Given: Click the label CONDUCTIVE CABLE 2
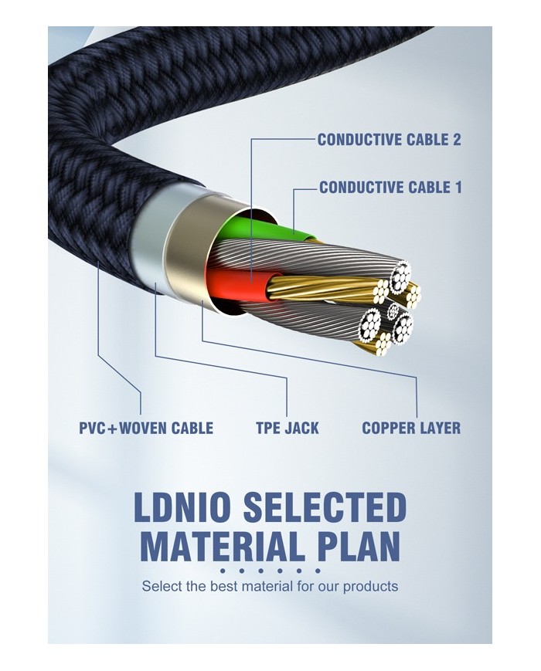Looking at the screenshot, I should click(389, 140).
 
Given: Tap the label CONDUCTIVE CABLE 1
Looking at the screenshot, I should click(390, 188).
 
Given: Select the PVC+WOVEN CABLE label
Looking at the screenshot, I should click(146, 428).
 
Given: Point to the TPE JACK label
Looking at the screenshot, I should click(288, 428).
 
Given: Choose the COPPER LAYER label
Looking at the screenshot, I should click(410, 428).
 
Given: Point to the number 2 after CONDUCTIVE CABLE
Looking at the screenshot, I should click(456, 140).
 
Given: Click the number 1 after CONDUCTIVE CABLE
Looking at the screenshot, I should click(458, 188).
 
